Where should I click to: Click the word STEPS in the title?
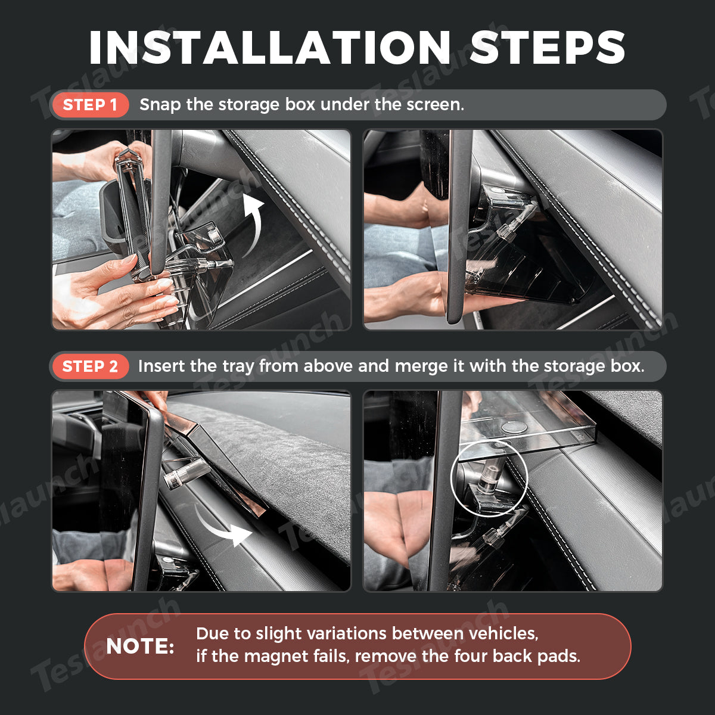click(x=548, y=48)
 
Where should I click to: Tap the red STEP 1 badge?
click(x=90, y=105)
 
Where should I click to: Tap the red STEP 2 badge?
click(x=90, y=366)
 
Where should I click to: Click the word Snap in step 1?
click(x=160, y=105)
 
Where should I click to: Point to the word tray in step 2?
click(x=238, y=367)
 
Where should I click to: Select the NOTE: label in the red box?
click(x=140, y=646)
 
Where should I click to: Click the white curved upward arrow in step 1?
click(x=252, y=225)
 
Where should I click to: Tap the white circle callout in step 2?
click(x=452, y=478)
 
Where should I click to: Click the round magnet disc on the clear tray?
click(x=514, y=427)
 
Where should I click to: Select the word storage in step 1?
click(x=248, y=105)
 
